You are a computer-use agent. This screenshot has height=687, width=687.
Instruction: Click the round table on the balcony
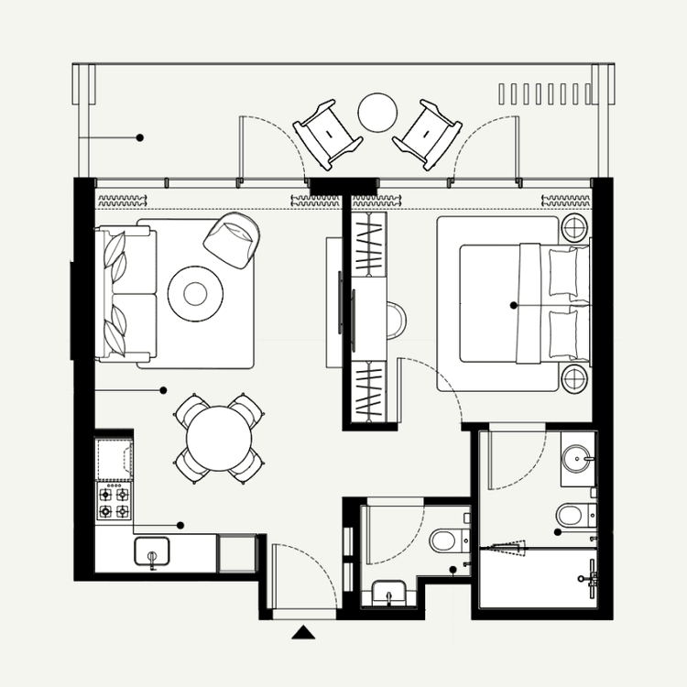click(376, 113)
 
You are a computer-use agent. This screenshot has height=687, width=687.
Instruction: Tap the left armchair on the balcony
click(327, 134)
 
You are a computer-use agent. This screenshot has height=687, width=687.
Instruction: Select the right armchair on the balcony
click(427, 134)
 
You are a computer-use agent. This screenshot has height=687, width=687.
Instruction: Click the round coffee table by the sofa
click(195, 293)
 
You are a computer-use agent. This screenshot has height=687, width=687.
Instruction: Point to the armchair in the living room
click(233, 239)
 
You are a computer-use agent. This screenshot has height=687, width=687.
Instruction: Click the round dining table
click(218, 439)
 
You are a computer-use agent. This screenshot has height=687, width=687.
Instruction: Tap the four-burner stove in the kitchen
click(114, 501)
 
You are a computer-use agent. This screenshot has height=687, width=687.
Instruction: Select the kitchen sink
click(152, 553)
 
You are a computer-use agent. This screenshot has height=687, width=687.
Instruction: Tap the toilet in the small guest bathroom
click(446, 540)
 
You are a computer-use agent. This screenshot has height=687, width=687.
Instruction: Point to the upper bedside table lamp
click(575, 227)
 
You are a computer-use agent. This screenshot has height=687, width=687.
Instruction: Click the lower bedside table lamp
click(575, 377)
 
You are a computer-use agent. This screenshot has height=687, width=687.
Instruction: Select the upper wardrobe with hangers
click(369, 243)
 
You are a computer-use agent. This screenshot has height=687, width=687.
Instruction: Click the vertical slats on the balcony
click(544, 93)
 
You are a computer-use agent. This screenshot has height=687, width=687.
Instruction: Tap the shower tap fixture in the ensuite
click(592, 573)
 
